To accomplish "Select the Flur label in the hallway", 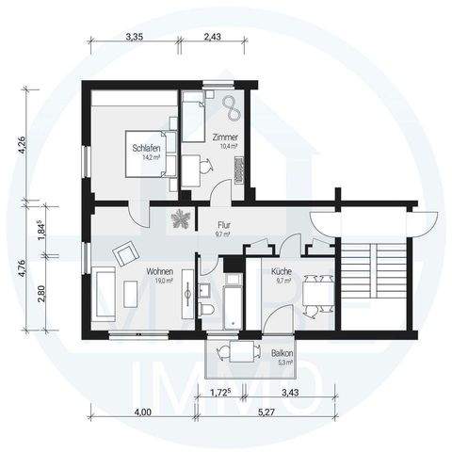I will tap(224, 226).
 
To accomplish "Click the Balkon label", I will tap(282, 354).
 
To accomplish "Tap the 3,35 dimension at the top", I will tap(139, 37).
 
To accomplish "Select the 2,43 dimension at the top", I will tap(212, 37).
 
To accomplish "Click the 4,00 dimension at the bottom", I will tap(142, 411).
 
